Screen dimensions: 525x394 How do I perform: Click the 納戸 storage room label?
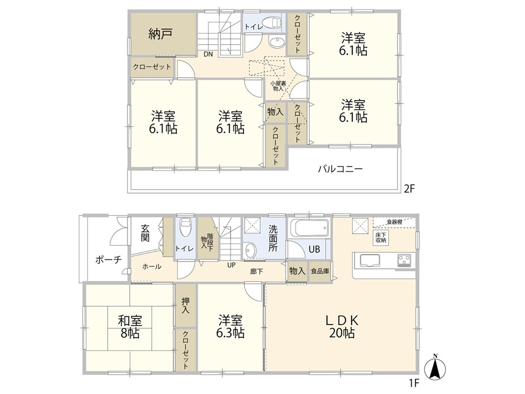(x=160, y=34)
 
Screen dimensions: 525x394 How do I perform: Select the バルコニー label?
(x=340, y=169)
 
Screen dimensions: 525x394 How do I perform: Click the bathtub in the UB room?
(x=309, y=228)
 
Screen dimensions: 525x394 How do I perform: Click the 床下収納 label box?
(x=381, y=237)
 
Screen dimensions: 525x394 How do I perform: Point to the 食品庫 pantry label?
(x=320, y=271)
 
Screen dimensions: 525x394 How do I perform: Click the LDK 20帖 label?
(x=342, y=327)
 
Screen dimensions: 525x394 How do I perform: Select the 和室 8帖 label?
(x=130, y=327)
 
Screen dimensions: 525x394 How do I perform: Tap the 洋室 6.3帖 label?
(x=230, y=326)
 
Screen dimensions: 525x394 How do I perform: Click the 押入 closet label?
(x=185, y=305)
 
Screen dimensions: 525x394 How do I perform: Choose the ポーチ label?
(x=108, y=259)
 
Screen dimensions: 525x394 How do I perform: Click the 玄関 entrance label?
(x=145, y=233)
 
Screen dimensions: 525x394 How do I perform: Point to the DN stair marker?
(x=208, y=54)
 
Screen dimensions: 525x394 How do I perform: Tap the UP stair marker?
(x=231, y=265)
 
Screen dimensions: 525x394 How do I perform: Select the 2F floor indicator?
(x=409, y=189)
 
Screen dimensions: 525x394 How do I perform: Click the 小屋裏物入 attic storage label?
(x=278, y=86)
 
